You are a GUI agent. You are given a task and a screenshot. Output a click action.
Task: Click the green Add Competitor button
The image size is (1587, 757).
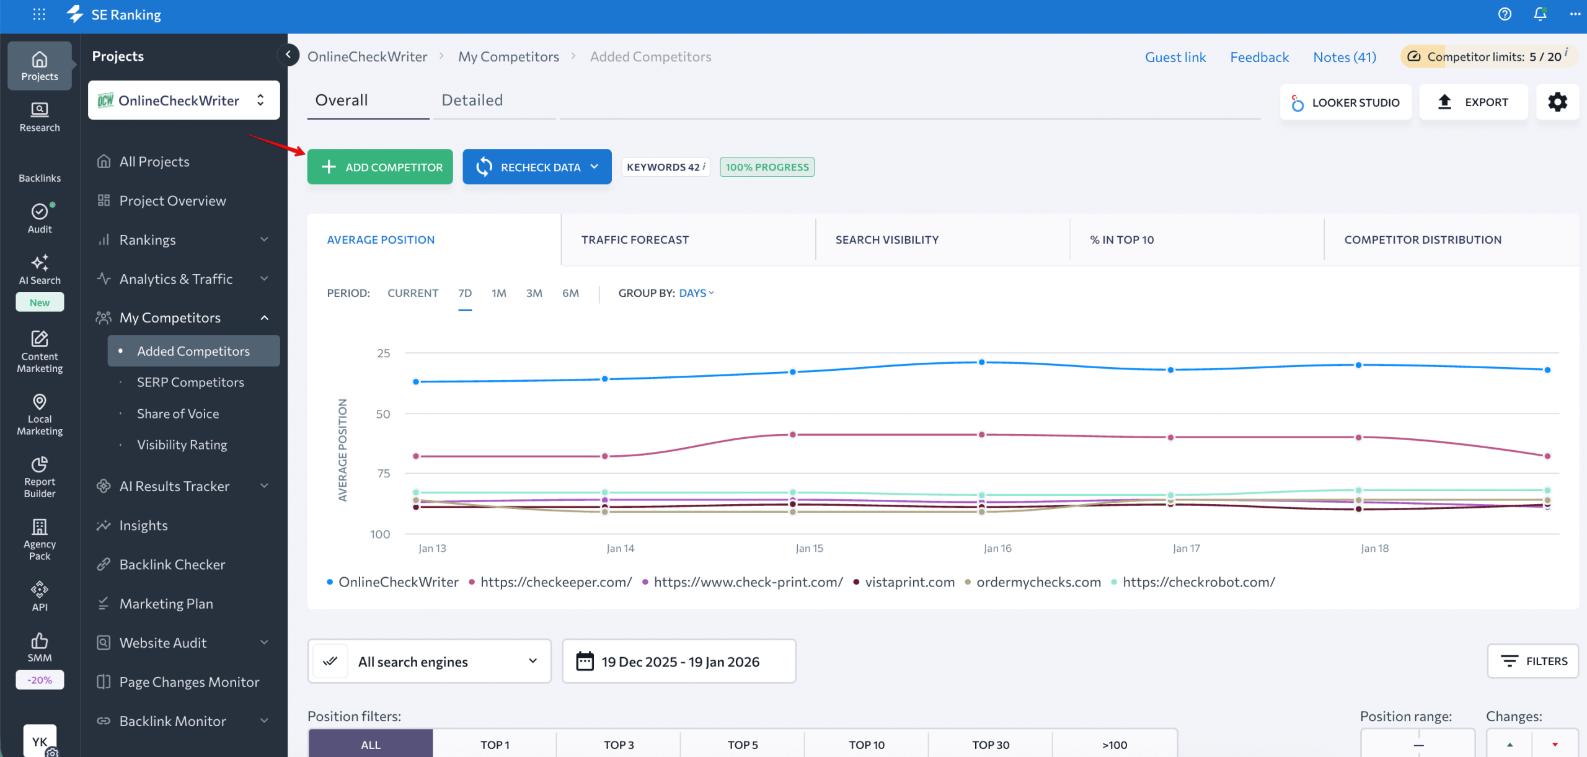click(380, 167)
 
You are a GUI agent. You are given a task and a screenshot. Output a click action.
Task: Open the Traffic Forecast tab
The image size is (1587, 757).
click(635, 239)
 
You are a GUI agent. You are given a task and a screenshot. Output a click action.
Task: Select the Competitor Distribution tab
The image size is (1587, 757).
click(1423, 239)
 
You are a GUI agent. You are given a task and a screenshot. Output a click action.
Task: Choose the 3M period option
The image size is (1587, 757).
click(534, 293)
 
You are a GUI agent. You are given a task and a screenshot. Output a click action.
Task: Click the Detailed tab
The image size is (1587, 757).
click(472, 100)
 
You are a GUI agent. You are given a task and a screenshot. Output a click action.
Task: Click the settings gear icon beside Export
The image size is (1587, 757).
click(1557, 102)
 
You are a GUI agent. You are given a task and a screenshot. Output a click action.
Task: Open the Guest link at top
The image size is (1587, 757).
click(1175, 57)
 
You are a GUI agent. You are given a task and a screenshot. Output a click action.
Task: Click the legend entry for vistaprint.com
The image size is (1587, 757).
click(909, 582)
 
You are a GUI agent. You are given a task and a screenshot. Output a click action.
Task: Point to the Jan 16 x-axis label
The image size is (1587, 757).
click(997, 548)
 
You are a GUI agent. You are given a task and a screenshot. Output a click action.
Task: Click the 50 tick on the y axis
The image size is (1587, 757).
click(383, 414)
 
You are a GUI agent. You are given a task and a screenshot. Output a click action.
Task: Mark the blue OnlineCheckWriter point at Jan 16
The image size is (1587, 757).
click(981, 362)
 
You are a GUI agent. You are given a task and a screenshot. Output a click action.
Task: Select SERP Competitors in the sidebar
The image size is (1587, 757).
click(190, 382)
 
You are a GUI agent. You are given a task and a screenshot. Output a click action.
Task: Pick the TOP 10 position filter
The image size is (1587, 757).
click(866, 745)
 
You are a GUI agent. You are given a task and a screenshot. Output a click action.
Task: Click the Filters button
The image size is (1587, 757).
click(1532, 661)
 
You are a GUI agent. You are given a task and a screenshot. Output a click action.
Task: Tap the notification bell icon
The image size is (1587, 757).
click(1540, 14)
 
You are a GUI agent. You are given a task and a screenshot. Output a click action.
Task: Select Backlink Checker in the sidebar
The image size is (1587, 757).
click(172, 564)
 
